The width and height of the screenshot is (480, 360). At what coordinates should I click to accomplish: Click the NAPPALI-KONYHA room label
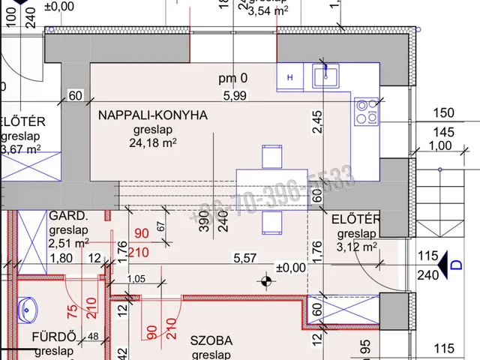[x=151, y=115]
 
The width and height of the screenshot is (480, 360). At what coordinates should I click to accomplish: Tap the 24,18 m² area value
[x=153, y=142]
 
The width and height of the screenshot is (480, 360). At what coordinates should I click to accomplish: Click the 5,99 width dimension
[x=234, y=95]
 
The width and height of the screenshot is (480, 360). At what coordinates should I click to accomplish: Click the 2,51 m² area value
[x=68, y=243]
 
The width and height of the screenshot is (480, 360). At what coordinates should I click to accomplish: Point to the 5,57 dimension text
[x=246, y=257]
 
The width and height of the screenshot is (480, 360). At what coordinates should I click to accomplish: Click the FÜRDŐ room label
[x=53, y=337]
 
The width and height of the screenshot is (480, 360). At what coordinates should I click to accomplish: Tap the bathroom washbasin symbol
[x=28, y=308]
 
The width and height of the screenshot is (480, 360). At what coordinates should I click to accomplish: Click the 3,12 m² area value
[x=356, y=246]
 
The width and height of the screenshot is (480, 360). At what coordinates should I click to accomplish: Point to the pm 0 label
[x=232, y=77]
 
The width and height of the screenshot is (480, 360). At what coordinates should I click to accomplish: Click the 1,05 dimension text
[x=135, y=280]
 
